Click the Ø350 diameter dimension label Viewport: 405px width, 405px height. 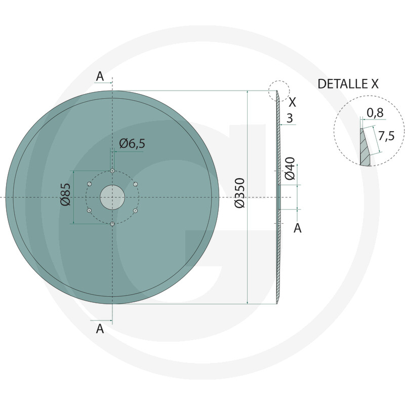tap(240, 192)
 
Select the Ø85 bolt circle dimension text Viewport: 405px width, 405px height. tap(65, 194)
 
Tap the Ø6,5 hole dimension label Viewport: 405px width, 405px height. tap(132, 144)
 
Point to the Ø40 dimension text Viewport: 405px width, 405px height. tap(290, 169)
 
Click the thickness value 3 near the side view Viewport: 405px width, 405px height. tap(290, 118)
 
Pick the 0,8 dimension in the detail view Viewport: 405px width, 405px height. tap(375, 112)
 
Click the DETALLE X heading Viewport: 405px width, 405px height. tap(348, 84)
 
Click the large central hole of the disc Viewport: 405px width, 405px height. tap(112, 197)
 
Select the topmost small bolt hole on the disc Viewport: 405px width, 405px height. tap(112, 171)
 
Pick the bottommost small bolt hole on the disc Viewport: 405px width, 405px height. tap(112, 224)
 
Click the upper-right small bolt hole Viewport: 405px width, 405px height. tap(135, 184)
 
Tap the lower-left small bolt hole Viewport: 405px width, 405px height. tap(89, 210)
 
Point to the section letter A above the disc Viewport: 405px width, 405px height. tap(100, 76)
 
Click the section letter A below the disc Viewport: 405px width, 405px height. tap(100, 329)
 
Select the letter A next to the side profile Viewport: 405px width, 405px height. tap(298, 228)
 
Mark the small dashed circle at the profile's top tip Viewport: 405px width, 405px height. tap(279, 91)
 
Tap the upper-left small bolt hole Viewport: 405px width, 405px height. tap(89, 184)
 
